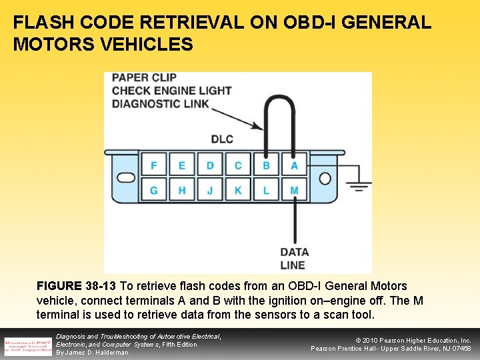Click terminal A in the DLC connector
[x=294, y=165]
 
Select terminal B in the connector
[x=266, y=165]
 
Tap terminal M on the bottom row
[x=294, y=191]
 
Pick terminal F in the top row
[x=154, y=165]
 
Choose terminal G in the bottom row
[x=154, y=191]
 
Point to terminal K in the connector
[x=238, y=191]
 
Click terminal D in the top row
[x=210, y=165]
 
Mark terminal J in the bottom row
[x=210, y=191]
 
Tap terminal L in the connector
[x=266, y=191]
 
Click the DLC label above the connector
[x=222, y=139]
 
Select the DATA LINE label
[x=294, y=258]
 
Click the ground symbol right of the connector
[x=360, y=185]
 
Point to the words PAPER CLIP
[x=144, y=77]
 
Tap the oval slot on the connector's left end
[x=125, y=178]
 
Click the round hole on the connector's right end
[x=325, y=178]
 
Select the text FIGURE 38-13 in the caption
[x=77, y=286]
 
